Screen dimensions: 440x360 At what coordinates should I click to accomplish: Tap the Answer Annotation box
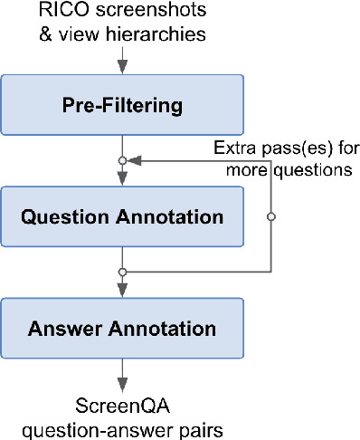tap(122, 327)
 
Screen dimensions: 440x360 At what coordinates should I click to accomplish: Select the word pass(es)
tap(289, 147)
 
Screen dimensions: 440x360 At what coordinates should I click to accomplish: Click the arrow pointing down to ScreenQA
tap(122, 376)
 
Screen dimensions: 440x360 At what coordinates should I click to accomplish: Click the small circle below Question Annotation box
tap(122, 271)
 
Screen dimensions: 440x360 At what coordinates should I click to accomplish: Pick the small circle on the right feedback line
tap(270, 216)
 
